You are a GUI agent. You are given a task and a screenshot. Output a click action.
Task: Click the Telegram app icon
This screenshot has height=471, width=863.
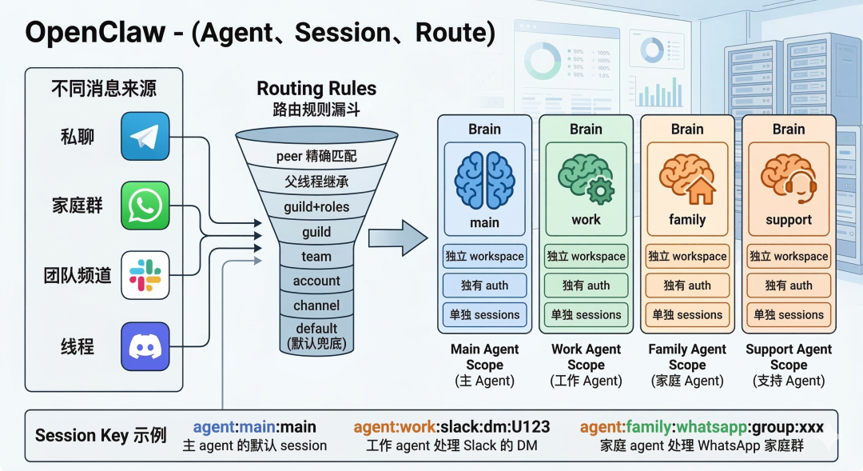pyautogui.click(x=145, y=136)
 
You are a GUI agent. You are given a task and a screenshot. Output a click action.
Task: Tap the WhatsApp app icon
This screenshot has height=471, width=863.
pyautogui.click(x=145, y=206)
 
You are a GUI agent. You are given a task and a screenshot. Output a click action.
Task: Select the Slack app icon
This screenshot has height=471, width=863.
pyautogui.click(x=145, y=275)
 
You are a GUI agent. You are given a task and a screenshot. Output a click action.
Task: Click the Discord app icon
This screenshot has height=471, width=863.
pyautogui.click(x=145, y=346)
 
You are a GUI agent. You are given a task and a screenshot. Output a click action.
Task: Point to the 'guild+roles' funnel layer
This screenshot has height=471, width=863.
pyautogui.click(x=316, y=207)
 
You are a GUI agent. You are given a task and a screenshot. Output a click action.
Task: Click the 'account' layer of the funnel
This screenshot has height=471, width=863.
pyautogui.click(x=316, y=281)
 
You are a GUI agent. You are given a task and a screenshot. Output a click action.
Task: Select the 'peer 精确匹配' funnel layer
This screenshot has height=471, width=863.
pyautogui.click(x=316, y=156)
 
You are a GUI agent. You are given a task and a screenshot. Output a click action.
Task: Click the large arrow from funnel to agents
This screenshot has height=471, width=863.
pyautogui.click(x=397, y=237)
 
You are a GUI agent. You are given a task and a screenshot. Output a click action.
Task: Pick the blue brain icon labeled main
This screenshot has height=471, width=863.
pyautogui.click(x=484, y=182)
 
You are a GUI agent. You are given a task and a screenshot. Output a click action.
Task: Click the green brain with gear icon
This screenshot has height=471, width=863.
pyautogui.click(x=586, y=180)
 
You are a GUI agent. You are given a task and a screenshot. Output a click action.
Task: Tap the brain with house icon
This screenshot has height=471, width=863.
pyautogui.click(x=687, y=180)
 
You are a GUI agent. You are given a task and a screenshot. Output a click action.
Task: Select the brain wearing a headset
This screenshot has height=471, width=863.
pyautogui.click(x=789, y=180)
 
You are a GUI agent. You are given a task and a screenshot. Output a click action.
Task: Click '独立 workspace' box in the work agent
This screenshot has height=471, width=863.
pyautogui.click(x=586, y=257)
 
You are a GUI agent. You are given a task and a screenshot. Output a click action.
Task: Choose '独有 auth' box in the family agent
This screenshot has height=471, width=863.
pyautogui.click(x=687, y=285)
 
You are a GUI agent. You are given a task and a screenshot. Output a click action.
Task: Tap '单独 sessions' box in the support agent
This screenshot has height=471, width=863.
pyautogui.click(x=789, y=314)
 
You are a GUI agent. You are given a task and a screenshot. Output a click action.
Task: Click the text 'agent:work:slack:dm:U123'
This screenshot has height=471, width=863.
pyautogui.click(x=451, y=427)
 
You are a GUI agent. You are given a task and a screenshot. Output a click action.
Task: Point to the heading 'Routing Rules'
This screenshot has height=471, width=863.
pyautogui.click(x=316, y=89)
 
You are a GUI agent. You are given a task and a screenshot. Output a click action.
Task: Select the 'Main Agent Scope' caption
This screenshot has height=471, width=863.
pyautogui.click(x=484, y=357)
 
